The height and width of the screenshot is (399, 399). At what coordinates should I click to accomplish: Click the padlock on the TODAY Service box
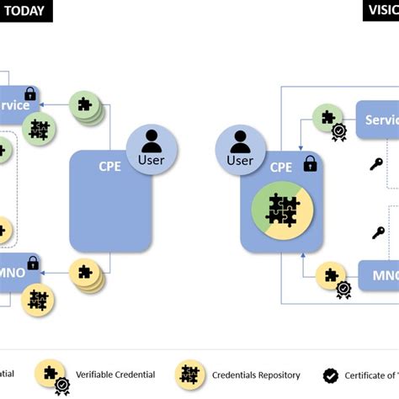(x=30, y=94)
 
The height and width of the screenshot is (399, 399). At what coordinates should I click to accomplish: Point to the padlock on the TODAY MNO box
(x=33, y=263)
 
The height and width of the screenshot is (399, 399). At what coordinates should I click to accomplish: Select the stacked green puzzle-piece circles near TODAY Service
(x=86, y=106)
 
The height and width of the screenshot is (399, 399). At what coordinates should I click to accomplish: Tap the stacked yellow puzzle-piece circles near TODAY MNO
(x=86, y=274)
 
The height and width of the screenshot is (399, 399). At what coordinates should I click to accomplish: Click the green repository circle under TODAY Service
(x=39, y=129)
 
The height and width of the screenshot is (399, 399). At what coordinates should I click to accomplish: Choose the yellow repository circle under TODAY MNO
(x=38, y=300)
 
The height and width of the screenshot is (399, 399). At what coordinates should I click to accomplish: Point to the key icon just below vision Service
(x=376, y=164)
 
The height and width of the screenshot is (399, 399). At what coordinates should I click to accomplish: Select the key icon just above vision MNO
(x=380, y=233)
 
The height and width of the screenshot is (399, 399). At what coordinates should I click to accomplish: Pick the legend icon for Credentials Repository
(x=189, y=375)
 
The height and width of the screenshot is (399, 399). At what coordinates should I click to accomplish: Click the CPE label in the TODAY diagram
(x=110, y=166)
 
